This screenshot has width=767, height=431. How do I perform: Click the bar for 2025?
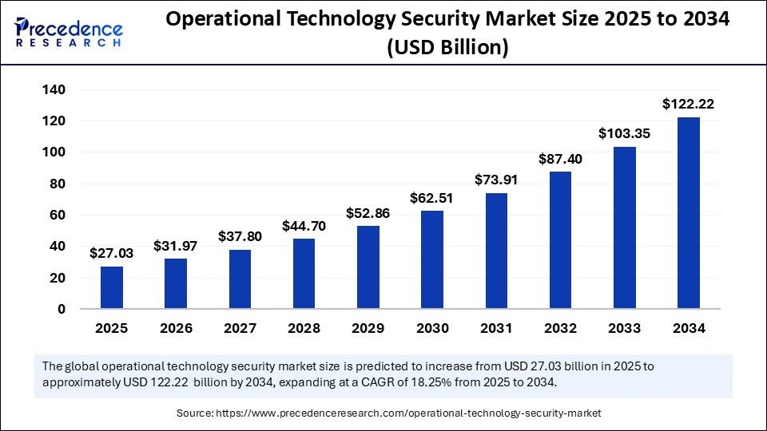pyautogui.click(x=112, y=287)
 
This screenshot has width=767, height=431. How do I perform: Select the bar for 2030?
pyautogui.click(x=432, y=259)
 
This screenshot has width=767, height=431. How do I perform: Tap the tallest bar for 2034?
pyautogui.click(x=689, y=213)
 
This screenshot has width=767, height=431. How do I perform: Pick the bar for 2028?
pyautogui.click(x=304, y=274)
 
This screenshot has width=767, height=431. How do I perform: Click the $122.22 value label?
pyautogui.click(x=689, y=104)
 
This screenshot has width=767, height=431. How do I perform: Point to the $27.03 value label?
pyautogui.click(x=112, y=253)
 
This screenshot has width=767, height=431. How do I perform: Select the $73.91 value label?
pyautogui.click(x=496, y=180)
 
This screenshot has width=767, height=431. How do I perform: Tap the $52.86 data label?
pyautogui.click(x=368, y=213)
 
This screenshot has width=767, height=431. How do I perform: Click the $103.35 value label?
pyautogui.click(x=625, y=133)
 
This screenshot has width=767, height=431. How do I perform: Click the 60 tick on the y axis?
pyautogui.click(x=57, y=215)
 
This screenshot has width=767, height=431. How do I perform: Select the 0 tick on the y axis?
pyautogui.click(x=61, y=310)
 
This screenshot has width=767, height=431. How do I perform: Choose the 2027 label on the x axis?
pyautogui.click(x=240, y=328)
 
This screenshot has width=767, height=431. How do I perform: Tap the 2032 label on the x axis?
pyautogui.click(x=560, y=328)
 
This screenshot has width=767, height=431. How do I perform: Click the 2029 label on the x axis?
pyautogui.click(x=368, y=328)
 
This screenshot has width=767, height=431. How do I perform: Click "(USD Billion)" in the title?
pyautogui.click(x=448, y=48)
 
